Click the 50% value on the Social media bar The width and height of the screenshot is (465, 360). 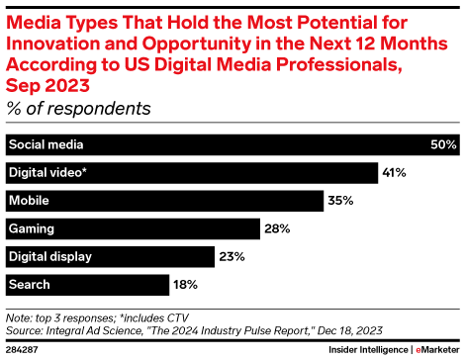point(443,144)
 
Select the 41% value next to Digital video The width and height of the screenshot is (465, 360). point(395,172)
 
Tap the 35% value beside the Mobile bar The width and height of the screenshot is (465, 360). point(340,201)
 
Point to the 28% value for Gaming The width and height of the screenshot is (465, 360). point(277,228)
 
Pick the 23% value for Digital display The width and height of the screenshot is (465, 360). point(231,257)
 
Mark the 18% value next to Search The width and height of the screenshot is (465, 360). point(185,285)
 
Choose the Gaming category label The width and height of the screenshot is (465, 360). point(31,228)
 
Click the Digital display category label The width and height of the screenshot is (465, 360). point(49,257)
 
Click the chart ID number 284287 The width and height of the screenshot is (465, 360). point(22,350)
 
